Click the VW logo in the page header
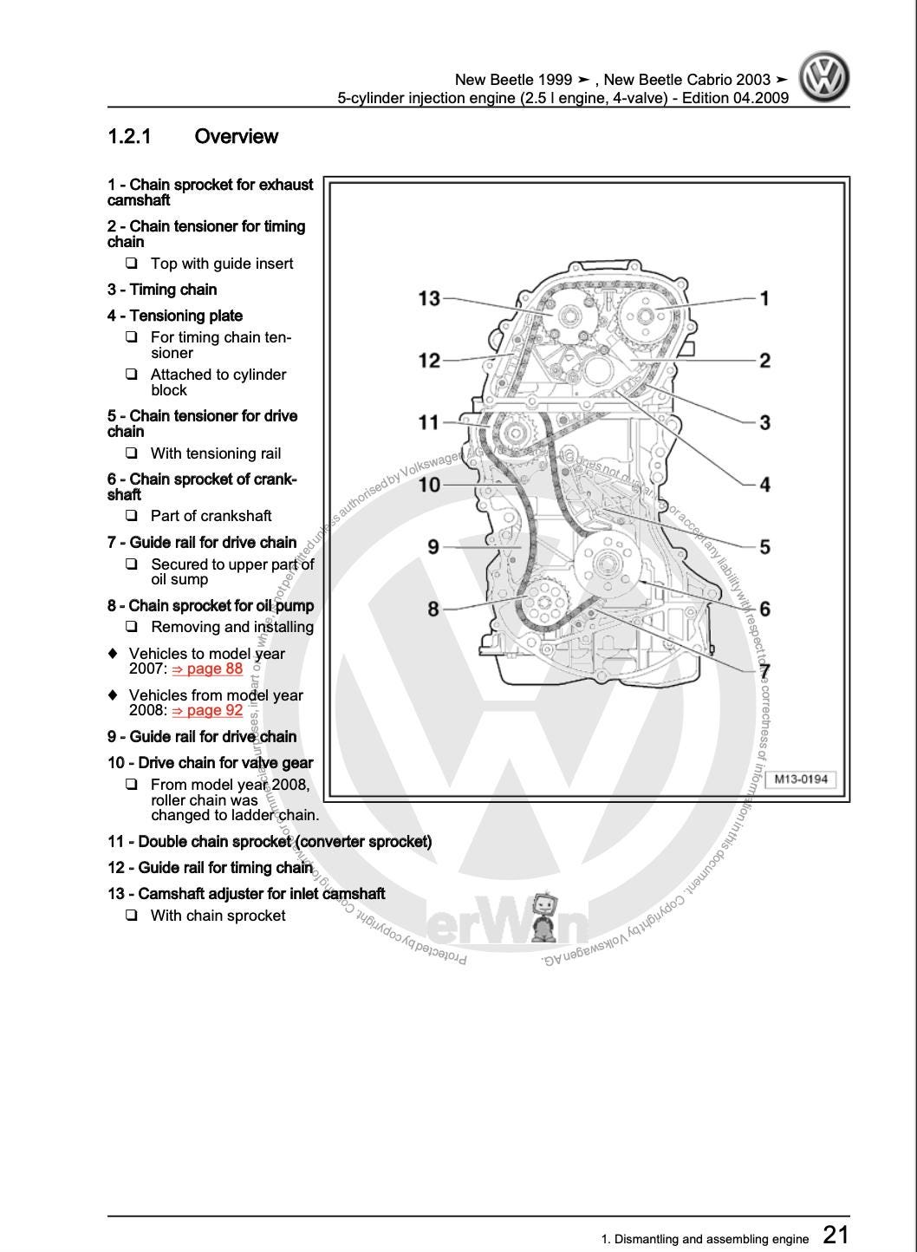(x=823, y=76)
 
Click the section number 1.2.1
(x=129, y=137)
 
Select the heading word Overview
(x=236, y=137)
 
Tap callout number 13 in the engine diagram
(x=429, y=298)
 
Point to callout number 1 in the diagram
(x=764, y=298)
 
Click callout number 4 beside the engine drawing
(x=764, y=485)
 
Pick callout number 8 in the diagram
(x=433, y=609)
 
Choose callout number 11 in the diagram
(x=429, y=422)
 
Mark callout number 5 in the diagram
(x=764, y=547)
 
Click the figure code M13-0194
(x=801, y=779)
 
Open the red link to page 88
(x=208, y=668)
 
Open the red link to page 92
(x=208, y=710)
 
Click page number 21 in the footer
(x=836, y=1234)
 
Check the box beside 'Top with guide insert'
(x=132, y=263)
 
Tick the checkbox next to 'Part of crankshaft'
(x=132, y=515)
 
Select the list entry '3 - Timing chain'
(x=162, y=290)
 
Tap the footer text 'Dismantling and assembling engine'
(x=711, y=1239)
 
